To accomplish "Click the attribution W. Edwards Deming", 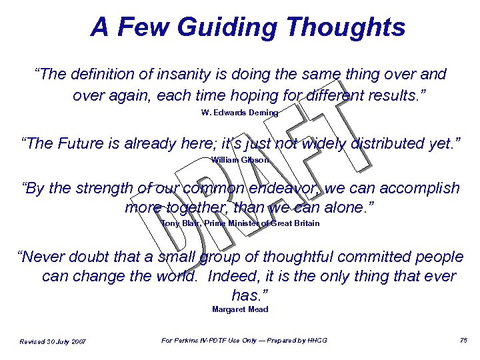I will pos(239,113).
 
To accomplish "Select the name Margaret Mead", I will pos(240,309).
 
